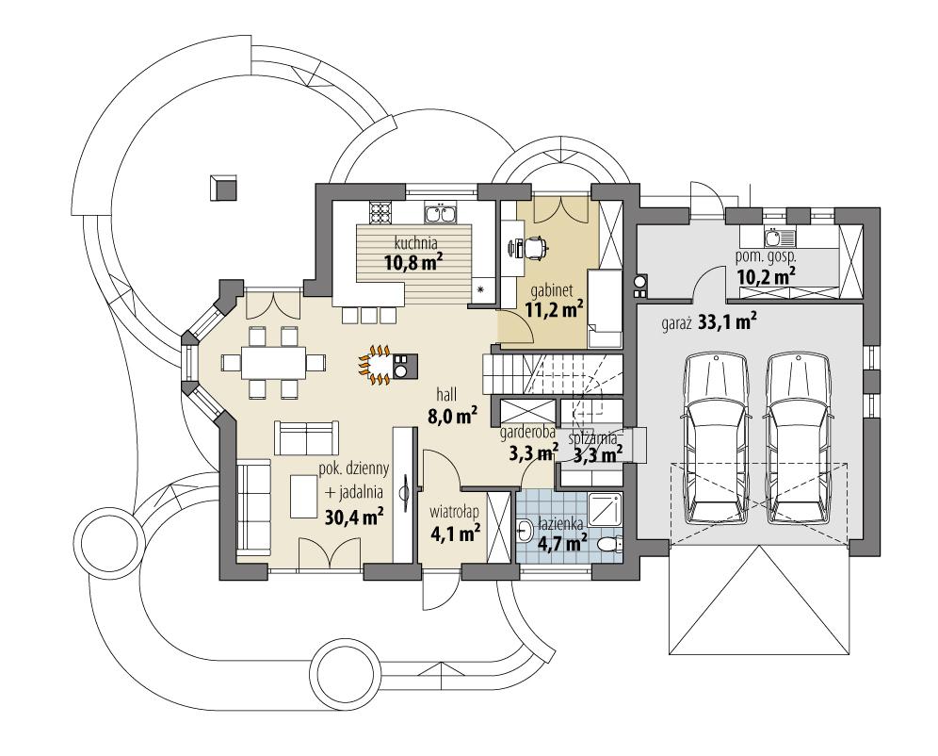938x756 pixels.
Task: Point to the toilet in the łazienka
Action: (610, 544)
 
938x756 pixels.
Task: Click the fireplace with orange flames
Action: (380, 364)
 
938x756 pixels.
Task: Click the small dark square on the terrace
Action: (224, 187)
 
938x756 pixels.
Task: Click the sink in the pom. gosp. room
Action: (772, 235)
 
